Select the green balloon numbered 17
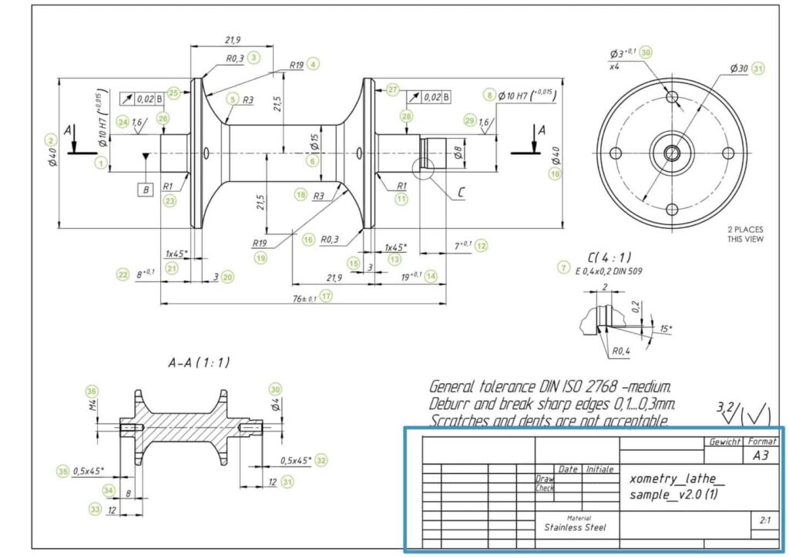pos(327,296)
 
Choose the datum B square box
pos(145,189)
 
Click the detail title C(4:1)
pos(607,257)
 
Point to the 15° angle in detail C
pos(665,329)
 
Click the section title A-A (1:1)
pos(199,361)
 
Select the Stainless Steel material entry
pos(575,527)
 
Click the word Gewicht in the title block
pos(726,442)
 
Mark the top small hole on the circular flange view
pos(673,98)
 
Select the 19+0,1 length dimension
pos(411,275)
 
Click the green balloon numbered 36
pos(92,390)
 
